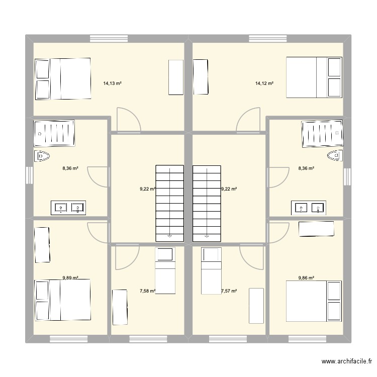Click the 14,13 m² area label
point(113,83)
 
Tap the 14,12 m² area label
point(264,83)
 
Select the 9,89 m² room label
point(70,277)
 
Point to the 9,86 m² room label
point(306,277)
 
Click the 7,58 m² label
point(147,291)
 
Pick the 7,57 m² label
point(229,291)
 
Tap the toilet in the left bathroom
point(42,156)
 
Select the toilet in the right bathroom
point(334,156)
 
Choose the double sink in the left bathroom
point(68,207)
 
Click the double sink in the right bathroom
point(308,207)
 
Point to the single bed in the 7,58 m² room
point(165,271)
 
